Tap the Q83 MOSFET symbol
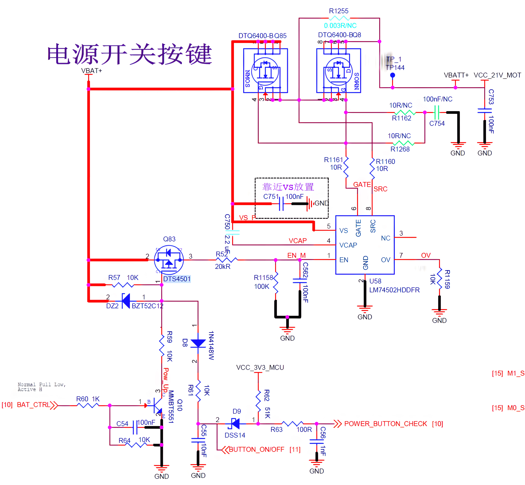click(x=169, y=260)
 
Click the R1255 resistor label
click(x=339, y=11)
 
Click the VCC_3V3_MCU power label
click(x=260, y=367)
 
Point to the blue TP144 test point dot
click(x=392, y=75)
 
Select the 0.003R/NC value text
click(x=340, y=25)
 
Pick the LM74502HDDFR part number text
click(x=394, y=290)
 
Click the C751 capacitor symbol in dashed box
click(x=281, y=204)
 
